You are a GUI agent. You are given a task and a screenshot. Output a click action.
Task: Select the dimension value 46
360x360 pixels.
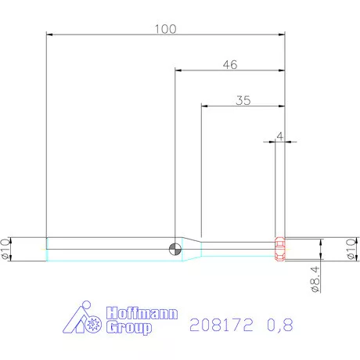tap(229, 65)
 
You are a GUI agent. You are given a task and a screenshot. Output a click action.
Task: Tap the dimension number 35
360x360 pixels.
tap(243, 100)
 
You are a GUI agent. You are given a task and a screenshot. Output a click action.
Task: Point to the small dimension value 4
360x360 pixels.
tap(279, 136)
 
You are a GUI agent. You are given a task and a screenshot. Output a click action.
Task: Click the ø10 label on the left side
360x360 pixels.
tap(6, 249)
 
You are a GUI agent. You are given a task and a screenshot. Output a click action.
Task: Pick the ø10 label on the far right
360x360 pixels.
tap(349, 249)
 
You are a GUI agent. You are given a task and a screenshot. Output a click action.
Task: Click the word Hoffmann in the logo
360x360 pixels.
tap(142, 313)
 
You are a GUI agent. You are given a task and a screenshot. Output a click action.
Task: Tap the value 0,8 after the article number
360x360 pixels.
tap(278, 324)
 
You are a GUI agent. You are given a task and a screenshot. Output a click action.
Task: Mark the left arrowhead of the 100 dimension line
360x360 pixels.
tap(51, 35)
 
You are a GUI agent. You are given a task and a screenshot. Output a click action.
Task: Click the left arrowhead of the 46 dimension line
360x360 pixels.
tap(178, 70)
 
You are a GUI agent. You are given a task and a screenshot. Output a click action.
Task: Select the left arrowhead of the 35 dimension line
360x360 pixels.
tap(205, 106)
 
